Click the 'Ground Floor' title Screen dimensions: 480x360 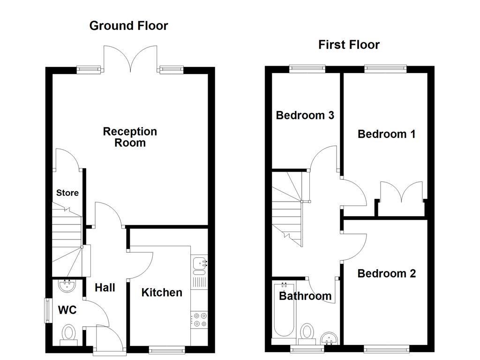[x=128, y=26]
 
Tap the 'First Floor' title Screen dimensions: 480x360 [x=349, y=45]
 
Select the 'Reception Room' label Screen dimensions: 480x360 [x=130, y=137]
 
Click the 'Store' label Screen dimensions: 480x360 [x=67, y=193]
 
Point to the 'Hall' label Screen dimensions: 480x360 [x=105, y=288]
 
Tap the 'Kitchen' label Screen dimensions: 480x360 [x=162, y=292]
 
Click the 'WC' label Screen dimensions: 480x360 [x=67, y=310]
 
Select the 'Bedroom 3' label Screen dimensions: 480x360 [x=305, y=115]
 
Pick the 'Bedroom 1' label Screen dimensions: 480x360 [x=387, y=134]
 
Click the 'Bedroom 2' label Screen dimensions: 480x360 [x=387, y=273]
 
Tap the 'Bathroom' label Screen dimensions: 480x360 [x=305, y=296]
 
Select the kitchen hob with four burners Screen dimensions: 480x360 [x=199, y=320]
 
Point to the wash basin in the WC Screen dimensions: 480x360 [x=67, y=285]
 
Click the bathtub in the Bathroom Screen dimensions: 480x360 [x=284, y=311]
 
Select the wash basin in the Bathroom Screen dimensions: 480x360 [x=330, y=338]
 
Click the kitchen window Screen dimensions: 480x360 [x=167, y=349]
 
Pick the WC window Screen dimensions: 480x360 [x=48, y=310]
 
